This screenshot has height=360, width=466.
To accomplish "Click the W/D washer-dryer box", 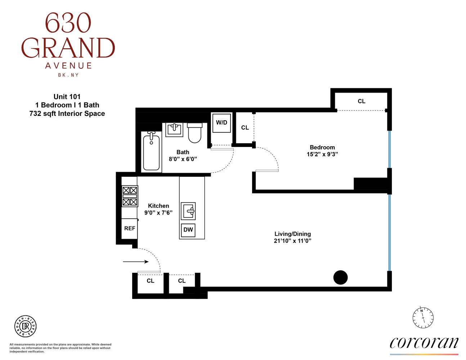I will [x=221, y=123].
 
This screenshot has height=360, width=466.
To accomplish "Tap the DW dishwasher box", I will [x=188, y=230].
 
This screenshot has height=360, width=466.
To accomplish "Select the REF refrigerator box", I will [x=130, y=228].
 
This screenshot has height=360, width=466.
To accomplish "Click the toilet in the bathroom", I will [x=195, y=133].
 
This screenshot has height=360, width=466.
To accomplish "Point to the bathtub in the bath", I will [x=151, y=151].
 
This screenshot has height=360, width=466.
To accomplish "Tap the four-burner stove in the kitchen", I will [x=130, y=196].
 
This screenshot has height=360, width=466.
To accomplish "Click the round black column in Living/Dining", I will [x=340, y=277].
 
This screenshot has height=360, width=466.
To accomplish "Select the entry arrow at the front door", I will [x=136, y=262].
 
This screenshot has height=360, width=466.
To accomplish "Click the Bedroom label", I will [x=322, y=147].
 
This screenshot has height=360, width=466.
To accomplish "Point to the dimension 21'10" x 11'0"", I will [x=292, y=241].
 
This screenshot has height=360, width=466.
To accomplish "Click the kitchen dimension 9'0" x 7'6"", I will [x=158, y=213].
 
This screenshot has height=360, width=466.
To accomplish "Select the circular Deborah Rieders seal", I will [x=25, y=327].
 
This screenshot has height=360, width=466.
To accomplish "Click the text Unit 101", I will [x=67, y=96].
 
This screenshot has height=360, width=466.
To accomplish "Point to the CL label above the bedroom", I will [x=362, y=102].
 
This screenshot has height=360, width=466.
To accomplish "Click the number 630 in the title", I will [x=68, y=23].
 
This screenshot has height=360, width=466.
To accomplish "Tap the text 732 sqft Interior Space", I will [x=67, y=114].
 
